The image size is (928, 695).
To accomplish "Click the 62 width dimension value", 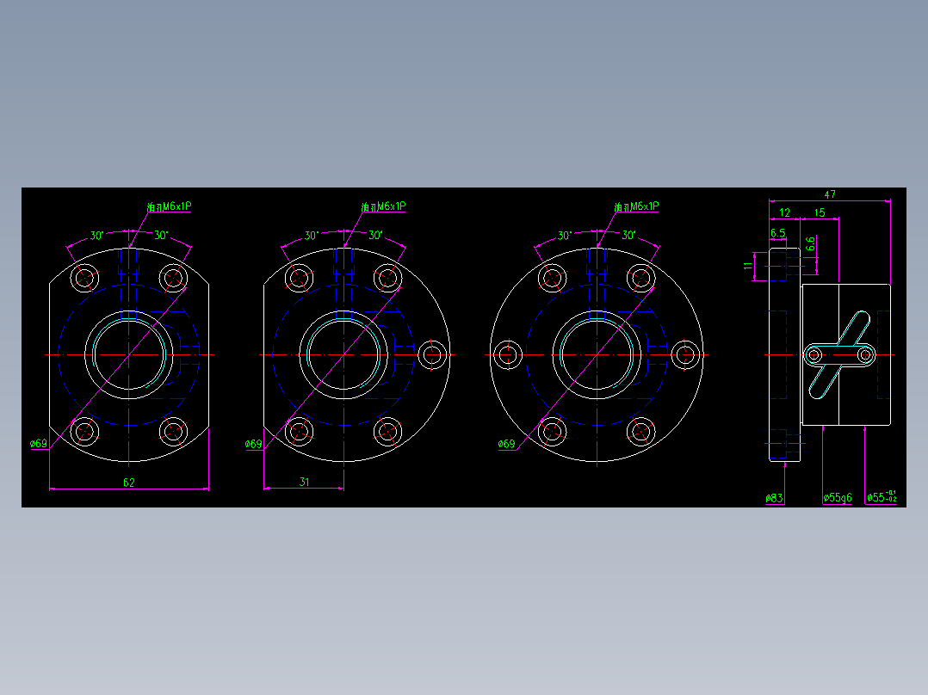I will click(x=129, y=483).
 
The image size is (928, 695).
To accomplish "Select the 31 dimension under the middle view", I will click(x=304, y=482).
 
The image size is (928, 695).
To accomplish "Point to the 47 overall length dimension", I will click(x=830, y=194).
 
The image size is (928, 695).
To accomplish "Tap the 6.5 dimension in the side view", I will click(x=777, y=233).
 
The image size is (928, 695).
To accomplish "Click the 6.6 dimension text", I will click(x=810, y=244).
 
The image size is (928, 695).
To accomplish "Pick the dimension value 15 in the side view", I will click(x=819, y=212).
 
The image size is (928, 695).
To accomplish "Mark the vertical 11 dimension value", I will click(x=747, y=267).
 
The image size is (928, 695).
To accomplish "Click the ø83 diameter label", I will click(x=774, y=497).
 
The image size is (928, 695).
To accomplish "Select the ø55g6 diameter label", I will click(x=837, y=497).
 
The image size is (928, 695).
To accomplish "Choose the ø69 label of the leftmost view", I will click(x=39, y=444).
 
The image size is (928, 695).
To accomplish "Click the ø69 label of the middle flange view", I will click(x=253, y=444).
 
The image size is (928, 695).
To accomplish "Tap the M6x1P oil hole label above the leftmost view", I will click(x=169, y=206).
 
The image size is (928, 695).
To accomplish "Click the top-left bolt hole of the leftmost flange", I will click(x=84, y=278).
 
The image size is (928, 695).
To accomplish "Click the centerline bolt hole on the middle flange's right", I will click(x=433, y=354).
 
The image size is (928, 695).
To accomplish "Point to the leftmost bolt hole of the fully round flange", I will click(x=509, y=354).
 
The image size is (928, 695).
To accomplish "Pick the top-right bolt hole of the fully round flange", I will click(x=641, y=278).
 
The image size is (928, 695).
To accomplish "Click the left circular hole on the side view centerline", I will click(x=814, y=354).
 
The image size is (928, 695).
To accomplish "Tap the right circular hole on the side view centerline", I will click(x=865, y=354).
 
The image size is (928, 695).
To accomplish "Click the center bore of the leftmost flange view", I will click(x=129, y=354).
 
